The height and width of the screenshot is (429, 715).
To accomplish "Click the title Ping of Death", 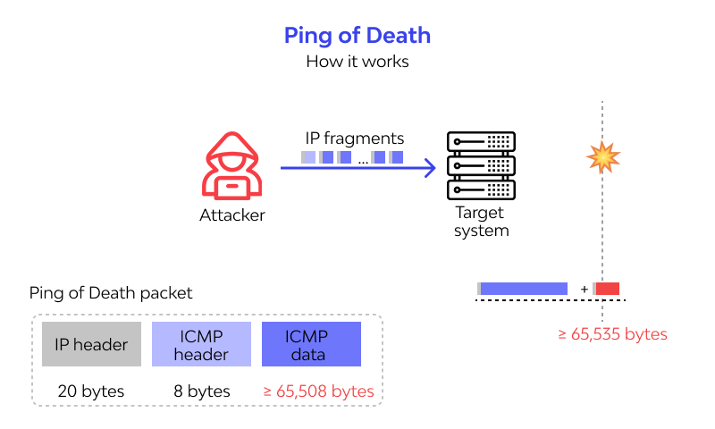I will [x=357, y=36].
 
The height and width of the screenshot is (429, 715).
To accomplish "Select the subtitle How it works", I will [x=357, y=63].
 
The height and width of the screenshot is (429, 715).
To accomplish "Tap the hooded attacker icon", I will [x=231, y=165].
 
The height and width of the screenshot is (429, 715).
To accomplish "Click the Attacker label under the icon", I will [x=231, y=215].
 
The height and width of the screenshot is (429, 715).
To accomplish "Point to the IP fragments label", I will [x=355, y=139].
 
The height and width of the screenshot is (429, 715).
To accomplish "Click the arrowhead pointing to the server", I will [x=430, y=167].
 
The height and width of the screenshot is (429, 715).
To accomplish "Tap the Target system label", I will [x=481, y=222].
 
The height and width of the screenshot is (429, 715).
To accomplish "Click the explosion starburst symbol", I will [x=602, y=157].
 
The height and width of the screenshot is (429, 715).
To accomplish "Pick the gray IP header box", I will [x=91, y=345].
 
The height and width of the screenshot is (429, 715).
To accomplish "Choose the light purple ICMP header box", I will [x=201, y=345].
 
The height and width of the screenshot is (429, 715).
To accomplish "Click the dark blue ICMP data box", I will [x=311, y=345].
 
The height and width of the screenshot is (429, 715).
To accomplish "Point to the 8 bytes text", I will [x=201, y=391].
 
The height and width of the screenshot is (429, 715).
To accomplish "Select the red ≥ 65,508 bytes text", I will [x=318, y=391].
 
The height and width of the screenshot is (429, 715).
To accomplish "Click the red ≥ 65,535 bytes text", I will [x=612, y=334].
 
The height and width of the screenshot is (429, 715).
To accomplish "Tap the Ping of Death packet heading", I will [x=111, y=293].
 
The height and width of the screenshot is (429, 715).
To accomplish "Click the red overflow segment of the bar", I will [x=608, y=289].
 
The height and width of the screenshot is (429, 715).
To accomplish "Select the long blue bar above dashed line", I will [x=524, y=289].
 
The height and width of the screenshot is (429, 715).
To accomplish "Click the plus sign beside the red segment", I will [x=584, y=289].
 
